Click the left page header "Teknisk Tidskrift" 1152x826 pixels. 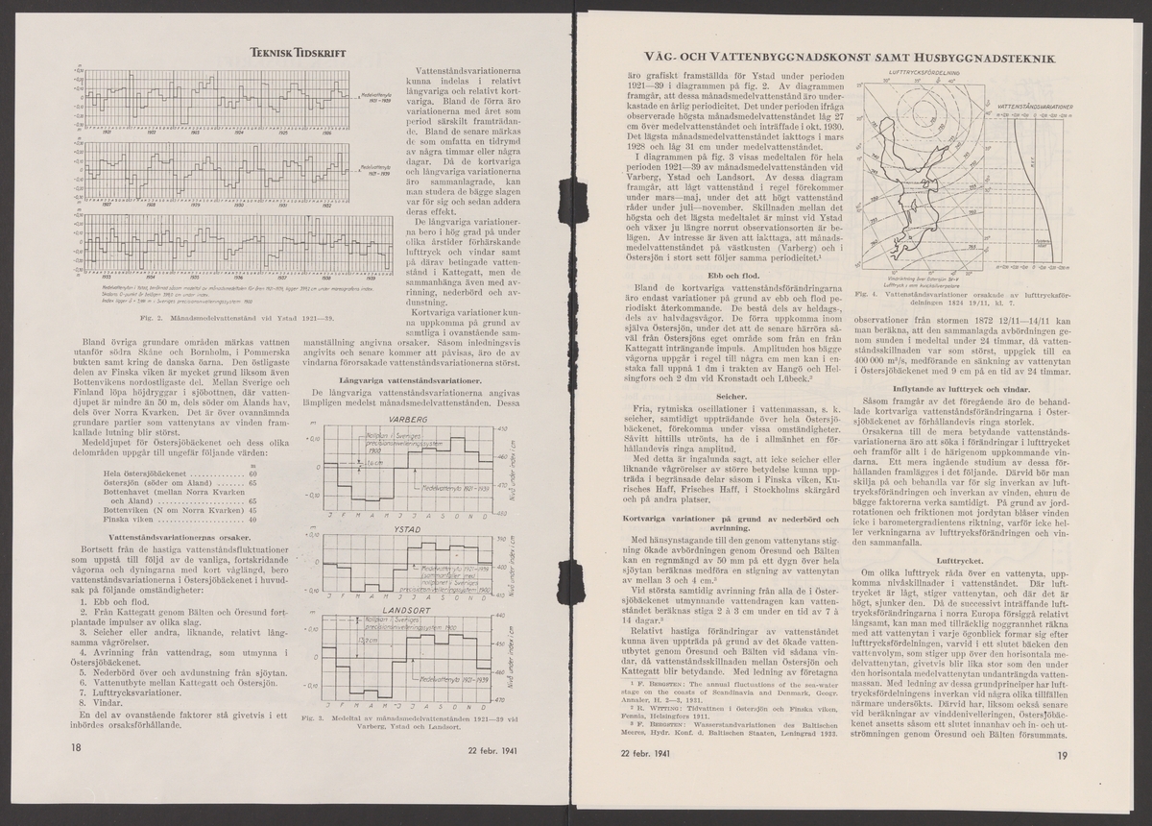[299, 55]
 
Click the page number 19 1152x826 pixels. [1062, 756]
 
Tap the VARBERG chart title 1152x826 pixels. [409, 421]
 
